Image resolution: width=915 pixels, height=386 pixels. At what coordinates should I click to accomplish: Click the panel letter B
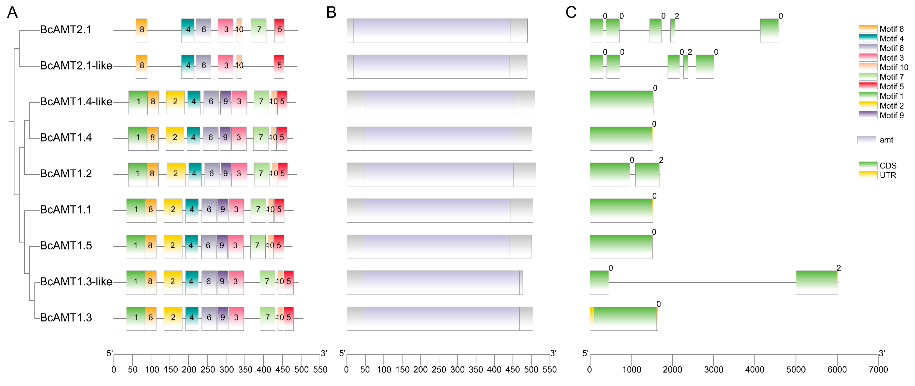(331, 13)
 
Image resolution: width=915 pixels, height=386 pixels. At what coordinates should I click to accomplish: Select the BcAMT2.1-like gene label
(76, 66)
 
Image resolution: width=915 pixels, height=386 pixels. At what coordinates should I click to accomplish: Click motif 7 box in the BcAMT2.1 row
(259, 30)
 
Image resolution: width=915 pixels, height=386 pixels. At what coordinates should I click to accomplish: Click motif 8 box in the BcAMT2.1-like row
(141, 66)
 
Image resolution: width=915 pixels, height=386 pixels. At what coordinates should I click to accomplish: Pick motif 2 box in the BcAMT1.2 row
(176, 174)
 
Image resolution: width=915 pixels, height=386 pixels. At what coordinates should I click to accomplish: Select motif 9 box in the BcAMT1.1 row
(222, 210)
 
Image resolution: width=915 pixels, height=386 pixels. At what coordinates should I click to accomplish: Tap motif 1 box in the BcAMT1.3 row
(136, 318)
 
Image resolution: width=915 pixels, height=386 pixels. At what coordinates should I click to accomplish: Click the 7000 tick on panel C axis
(878, 370)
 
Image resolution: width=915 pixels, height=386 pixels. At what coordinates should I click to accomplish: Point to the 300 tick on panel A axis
(226, 370)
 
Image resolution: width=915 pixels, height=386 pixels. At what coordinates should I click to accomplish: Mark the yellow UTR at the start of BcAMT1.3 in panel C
(592, 318)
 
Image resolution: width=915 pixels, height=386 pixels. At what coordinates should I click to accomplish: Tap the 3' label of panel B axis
(553, 353)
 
